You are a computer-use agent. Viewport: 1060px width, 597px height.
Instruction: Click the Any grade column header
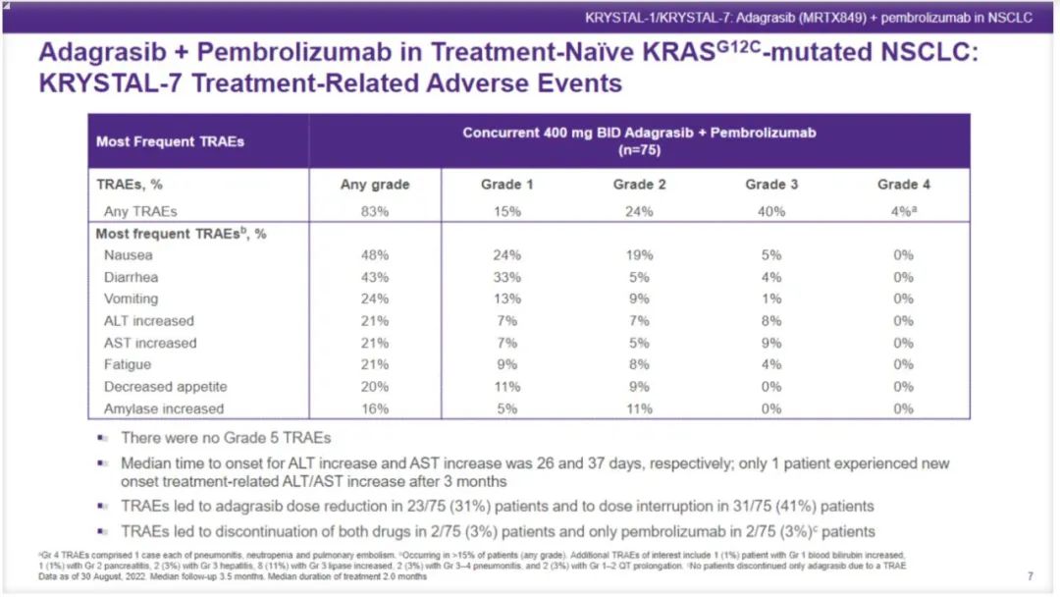[375, 185]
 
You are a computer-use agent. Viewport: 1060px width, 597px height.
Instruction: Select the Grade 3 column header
[765, 185]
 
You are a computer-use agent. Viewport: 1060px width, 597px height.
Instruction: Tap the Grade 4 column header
[897, 185]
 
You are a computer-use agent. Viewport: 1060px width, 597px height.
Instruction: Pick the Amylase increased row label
[164, 408]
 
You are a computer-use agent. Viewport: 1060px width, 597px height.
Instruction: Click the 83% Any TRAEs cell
[375, 211]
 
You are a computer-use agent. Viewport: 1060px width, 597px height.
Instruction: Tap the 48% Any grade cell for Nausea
[375, 255]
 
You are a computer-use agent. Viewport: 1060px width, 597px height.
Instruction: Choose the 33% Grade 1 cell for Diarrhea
[507, 277]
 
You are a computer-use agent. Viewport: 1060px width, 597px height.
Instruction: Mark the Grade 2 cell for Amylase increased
[639, 408]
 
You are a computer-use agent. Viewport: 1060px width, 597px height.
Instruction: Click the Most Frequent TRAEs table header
[170, 141]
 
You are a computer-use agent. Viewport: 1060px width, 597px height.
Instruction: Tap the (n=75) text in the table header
[639, 151]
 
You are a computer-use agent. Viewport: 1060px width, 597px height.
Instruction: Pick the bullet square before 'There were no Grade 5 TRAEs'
[102, 438]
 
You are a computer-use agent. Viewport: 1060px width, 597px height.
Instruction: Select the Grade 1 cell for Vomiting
[507, 298]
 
